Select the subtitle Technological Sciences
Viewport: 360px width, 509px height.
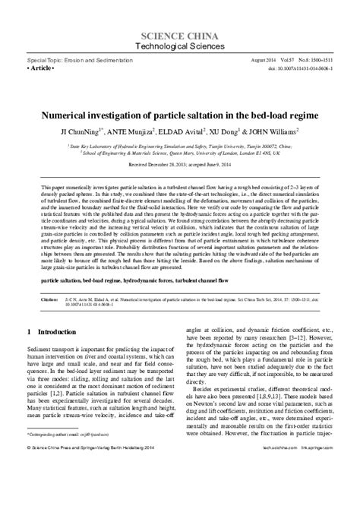[x=179, y=47]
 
